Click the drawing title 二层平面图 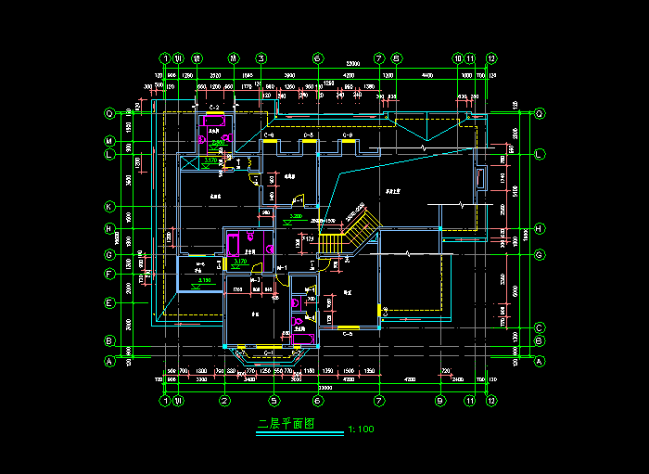[x=286, y=424]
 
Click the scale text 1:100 [x=361, y=429]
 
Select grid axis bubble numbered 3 [x=261, y=58]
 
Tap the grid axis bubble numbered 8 [x=396, y=58]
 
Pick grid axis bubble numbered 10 [x=458, y=58]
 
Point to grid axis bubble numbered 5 [x=274, y=401]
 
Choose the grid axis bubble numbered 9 [x=440, y=401]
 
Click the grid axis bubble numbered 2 [x=224, y=401]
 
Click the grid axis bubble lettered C [x=538, y=327]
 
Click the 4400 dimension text [x=426, y=74]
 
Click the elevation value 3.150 [x=205, y=279]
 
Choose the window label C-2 [x=214, y=109]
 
